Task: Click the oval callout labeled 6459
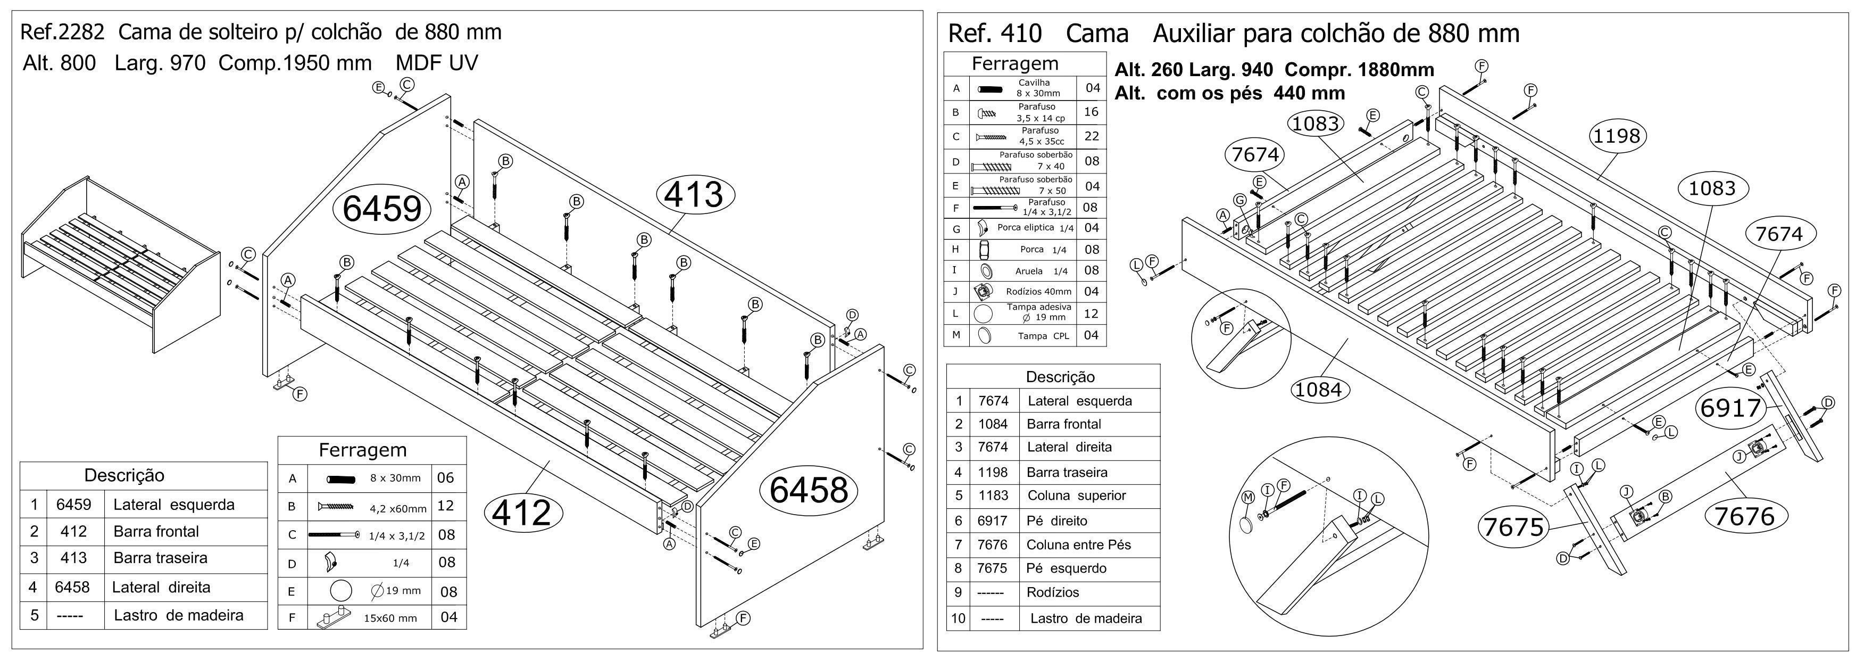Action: point(381,209)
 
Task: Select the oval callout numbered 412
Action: point(522,513)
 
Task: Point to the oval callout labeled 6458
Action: point(808,489)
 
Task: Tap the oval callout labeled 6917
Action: point(1729,408)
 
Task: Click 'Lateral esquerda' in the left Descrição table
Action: point(173,505)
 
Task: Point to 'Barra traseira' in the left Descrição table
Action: point(160,558)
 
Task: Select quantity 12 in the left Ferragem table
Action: point(445,506)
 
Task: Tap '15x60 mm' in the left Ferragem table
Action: point(390,618)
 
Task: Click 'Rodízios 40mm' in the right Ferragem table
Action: point(1038,292)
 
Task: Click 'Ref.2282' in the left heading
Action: point(62,32)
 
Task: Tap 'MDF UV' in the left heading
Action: point(436,63)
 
